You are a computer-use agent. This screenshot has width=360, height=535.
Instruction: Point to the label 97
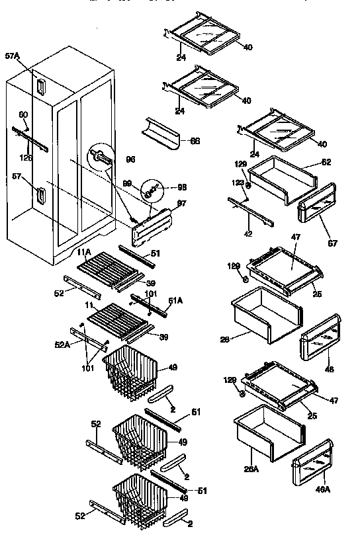(181, 202)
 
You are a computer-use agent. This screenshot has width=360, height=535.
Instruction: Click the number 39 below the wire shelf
(163, 337)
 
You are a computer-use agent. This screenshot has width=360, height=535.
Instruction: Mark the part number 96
(130, 159)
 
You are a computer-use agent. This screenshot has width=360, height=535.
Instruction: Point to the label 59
(151, 284)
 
